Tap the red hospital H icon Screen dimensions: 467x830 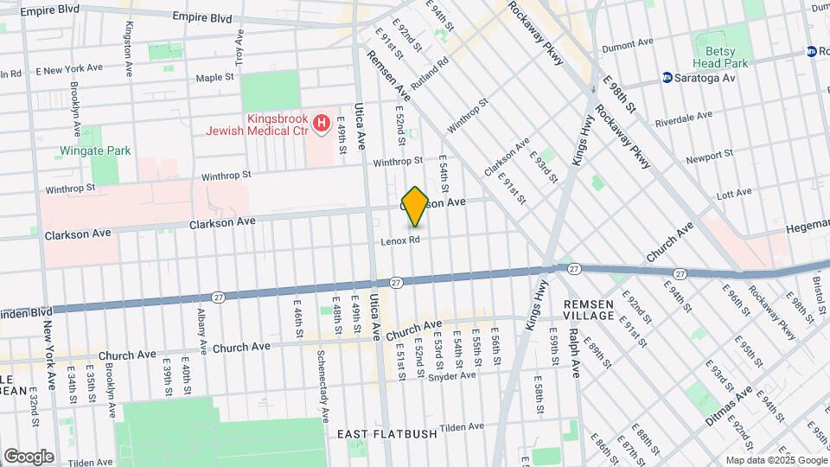(x=322, y=124)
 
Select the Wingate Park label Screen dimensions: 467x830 (x=95, y=150)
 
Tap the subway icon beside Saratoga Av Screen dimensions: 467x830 (x=667, y=78)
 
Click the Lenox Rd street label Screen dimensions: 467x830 (x=400, y=240)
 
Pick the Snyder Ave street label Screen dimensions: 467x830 (x=452, y=375)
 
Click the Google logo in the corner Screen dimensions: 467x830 (x=29, y=456)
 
